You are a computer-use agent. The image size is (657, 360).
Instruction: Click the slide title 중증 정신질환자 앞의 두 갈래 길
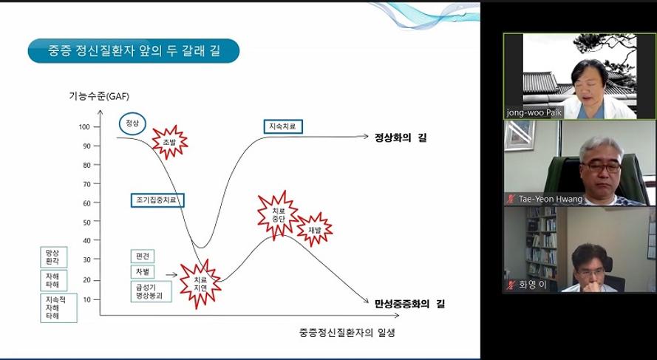pyautogui.click(x=134, y=51)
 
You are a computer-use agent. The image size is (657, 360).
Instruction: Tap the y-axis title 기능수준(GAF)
pyautogui.click(x=99, y=96)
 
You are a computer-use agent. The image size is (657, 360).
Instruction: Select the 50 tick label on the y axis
pyautogui.click(x=86, y=222)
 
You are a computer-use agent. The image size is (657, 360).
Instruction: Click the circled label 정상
pyautogui.click(x=132, y=123)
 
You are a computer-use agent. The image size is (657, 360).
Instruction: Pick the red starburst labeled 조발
pyautogui.click(x=169, y=142)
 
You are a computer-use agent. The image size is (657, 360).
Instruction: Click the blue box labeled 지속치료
pyautogui.click(x=283, y=126)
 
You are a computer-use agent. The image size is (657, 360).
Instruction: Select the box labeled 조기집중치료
pyautogui.click(x=157, y=200)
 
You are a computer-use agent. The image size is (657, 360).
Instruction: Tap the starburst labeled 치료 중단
pyautogui.click(x=278, y=215)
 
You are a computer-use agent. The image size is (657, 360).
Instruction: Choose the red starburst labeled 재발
pyautogui.click(x=315, y=229)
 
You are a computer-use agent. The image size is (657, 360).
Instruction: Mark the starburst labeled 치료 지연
pyautogui.click(x=200, y=284)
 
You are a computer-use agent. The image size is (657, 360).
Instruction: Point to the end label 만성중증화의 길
pyautogui.click(x=409, y=303)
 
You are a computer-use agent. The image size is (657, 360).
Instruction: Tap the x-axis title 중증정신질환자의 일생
pyautogui.click(x=347, y=333)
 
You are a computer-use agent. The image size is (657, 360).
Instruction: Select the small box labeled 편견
pyautogui.click(x=143, y=256)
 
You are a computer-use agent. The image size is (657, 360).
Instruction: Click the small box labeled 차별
pyautogui.click(x=143, y=272)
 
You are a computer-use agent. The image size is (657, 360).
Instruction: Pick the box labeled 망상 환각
pyautogui.click(x=54, y=257)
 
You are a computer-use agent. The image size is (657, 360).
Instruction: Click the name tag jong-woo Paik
pyautogui.click(x=534, y=112)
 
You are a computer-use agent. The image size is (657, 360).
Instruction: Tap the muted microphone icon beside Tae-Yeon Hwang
pyautogui.click(x=510, y=199)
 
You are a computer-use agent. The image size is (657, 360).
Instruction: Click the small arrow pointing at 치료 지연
pyautogui.click(x=171, y=275)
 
